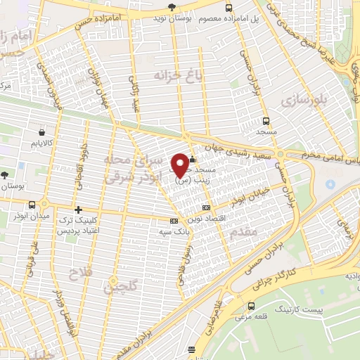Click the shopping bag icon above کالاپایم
click(44, 131)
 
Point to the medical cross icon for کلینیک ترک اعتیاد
click(78, 210)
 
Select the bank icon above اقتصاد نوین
click(206, 207)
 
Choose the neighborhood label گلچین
click(120, 286)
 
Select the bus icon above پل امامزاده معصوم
click(229, 7)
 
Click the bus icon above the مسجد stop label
click(265, 121)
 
